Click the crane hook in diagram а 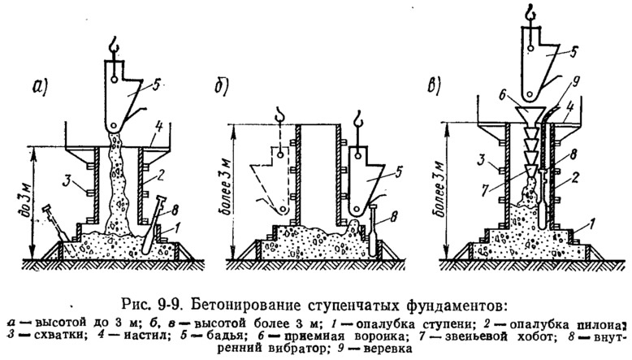pyautogui.click(x=114, y=46)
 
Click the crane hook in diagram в pyautogui.click(x=531, y=11)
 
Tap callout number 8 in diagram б pyautogui.click(x=393, y=218)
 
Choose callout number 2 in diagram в pyautogui.click(x=575, y=178)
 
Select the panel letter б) pyautogui.click(x=221, y=88)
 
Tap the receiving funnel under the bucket pyautogui.click(x=530, y=115)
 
